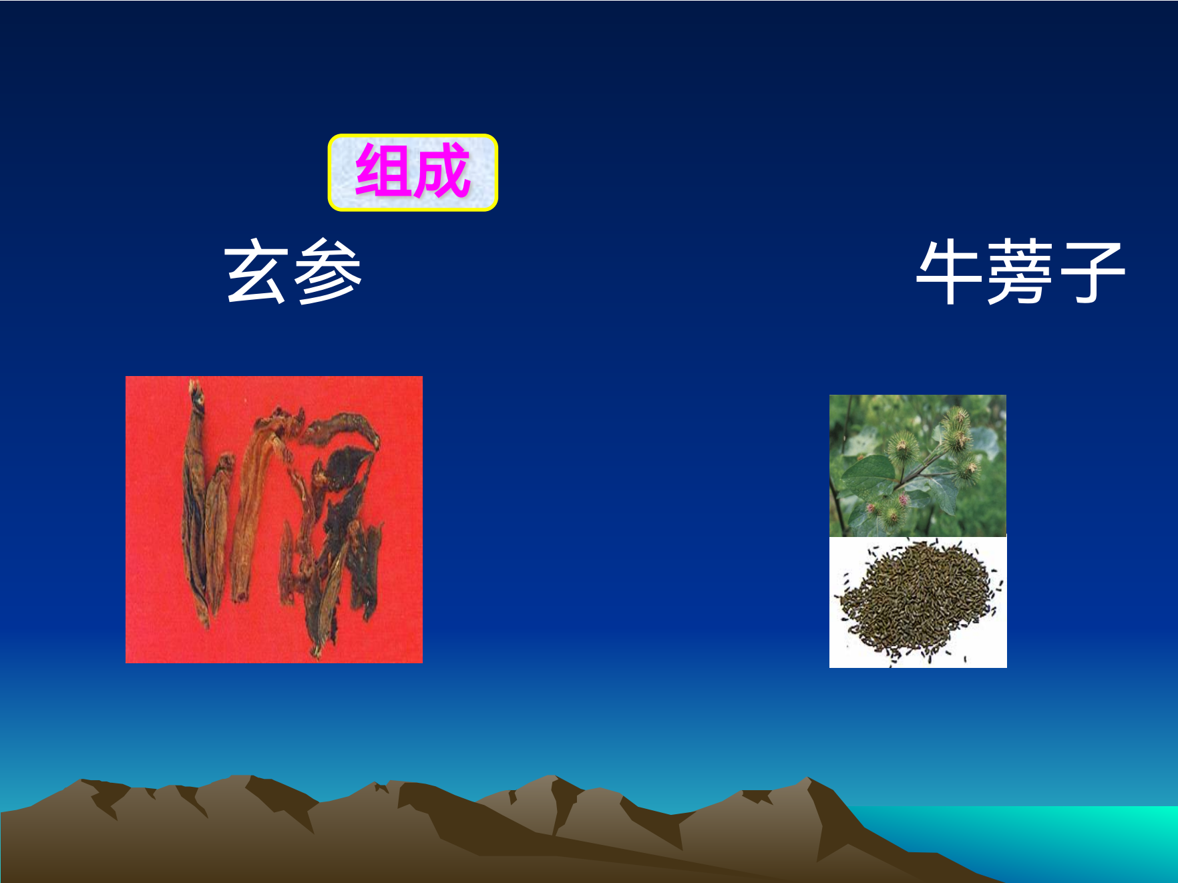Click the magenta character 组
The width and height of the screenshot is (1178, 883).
click(383, 171)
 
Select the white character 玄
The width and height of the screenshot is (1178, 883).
click(256, 272)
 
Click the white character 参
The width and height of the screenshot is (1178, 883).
click(328, 272)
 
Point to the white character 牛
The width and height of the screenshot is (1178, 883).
click(949, 272)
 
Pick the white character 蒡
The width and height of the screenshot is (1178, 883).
click(1020, 272)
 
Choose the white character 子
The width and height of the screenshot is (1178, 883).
click(1091, 272)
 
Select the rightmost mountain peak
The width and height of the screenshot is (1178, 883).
click(809, 779)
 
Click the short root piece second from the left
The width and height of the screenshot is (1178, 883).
click(218, 528)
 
